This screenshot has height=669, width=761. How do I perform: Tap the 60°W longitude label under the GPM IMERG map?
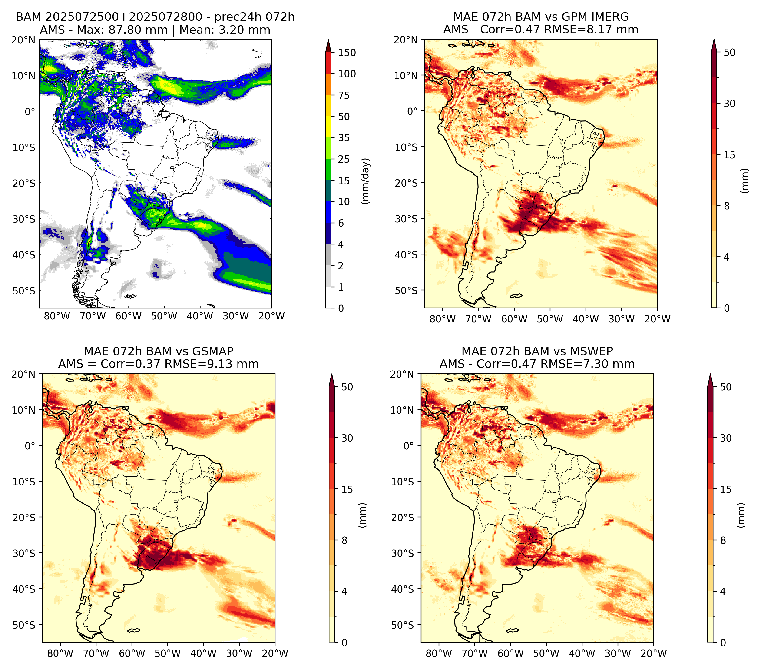[x=514, y=319]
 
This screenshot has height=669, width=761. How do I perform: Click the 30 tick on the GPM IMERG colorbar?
[x=729, y=104]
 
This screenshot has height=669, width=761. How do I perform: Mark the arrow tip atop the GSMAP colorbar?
[x=331, y=374]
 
